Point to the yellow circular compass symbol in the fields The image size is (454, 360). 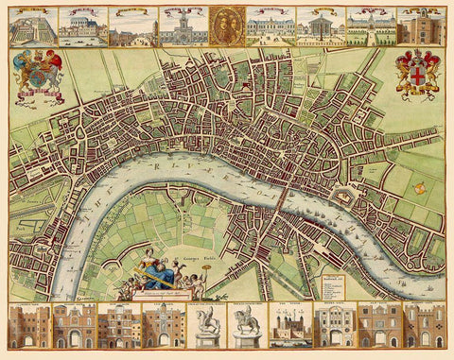tap(418, 188)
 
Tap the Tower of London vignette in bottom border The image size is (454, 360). tap(288, 326)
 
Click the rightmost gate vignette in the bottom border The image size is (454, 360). tap(424, 326)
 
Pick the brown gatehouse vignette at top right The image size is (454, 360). tap(419, 26)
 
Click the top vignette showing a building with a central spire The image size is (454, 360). tap(180, 26)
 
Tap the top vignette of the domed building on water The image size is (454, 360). tap(81, 26)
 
